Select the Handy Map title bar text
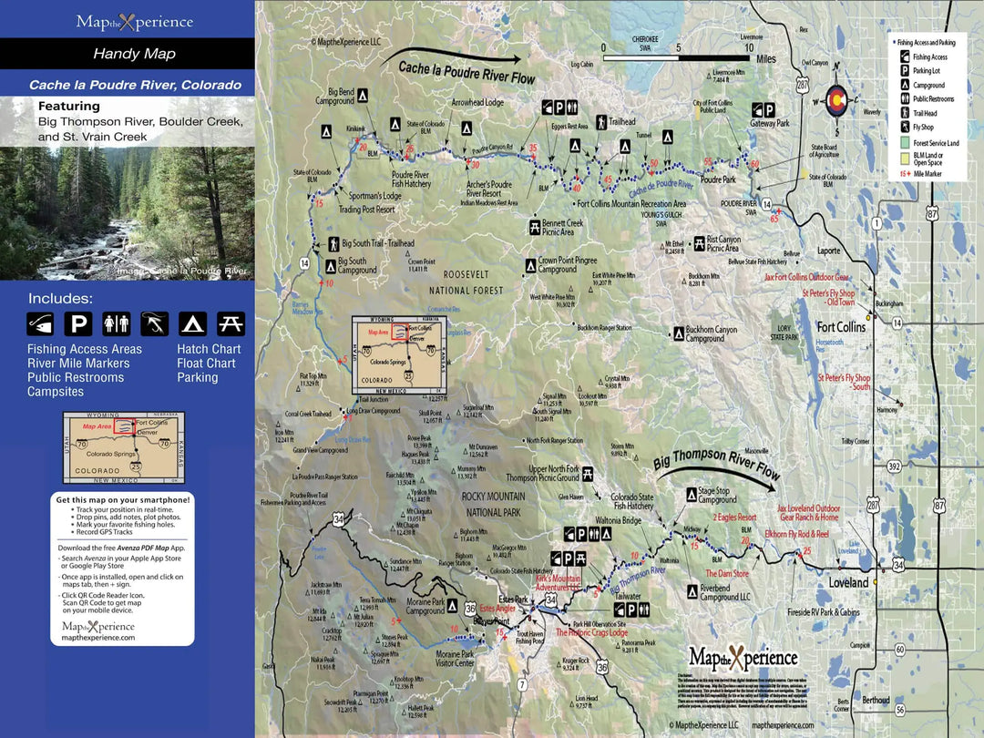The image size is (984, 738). pos(134,54)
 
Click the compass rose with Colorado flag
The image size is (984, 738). pos(835,102)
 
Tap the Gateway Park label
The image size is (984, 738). pos(770,122)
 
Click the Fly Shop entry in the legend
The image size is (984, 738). pos(924,128)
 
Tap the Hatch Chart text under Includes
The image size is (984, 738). pos(209,349)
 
